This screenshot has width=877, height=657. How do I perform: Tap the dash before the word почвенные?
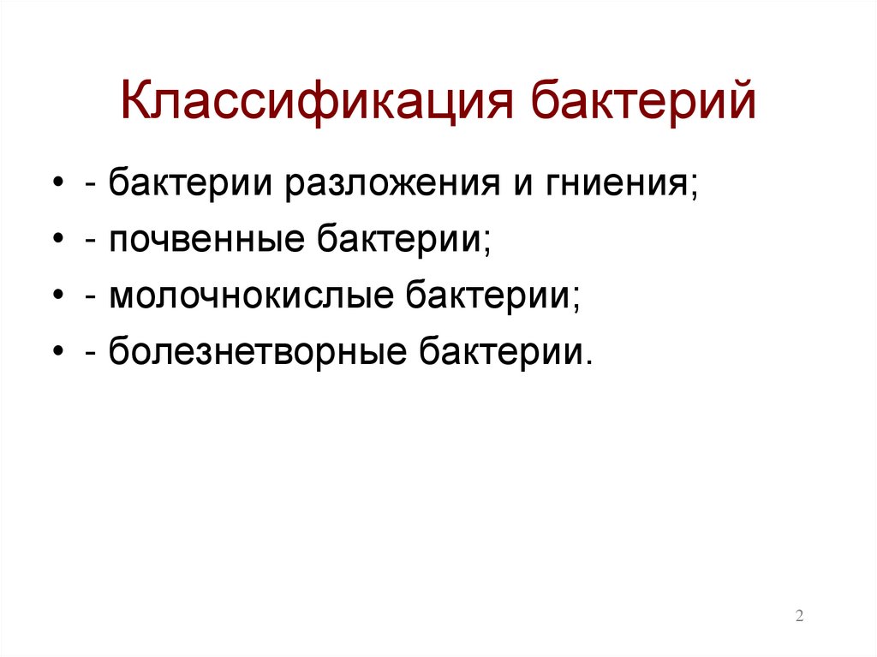point(90,242)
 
